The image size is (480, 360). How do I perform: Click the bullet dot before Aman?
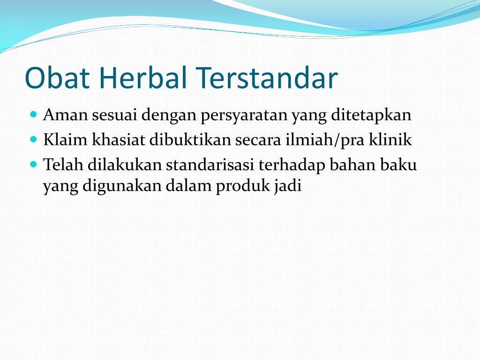[x=34, y=114]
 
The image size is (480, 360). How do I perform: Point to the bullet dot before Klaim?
[x=34, y=140]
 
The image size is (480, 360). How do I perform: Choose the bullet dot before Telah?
[x=34, y=165]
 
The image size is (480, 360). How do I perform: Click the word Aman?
[x=65, y=115]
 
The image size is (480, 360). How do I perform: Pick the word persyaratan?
[x=244, y=116]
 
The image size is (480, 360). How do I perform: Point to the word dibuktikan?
[x=190, y=140]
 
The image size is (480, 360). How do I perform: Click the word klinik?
[x=390, y=140]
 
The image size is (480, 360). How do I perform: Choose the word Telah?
[x=63, y=165]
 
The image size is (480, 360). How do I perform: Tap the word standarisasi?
[x=210, y=165]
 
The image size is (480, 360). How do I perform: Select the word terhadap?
[x=292, y=165]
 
